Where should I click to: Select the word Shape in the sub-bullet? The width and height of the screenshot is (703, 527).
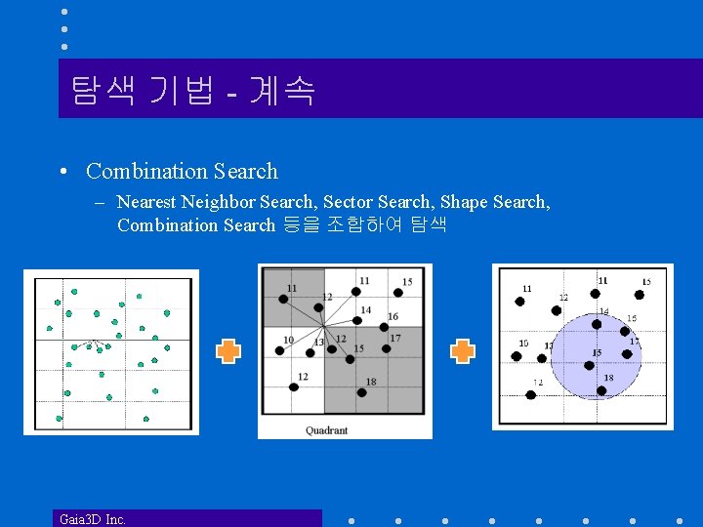pyautogui.click(x=464, y=202)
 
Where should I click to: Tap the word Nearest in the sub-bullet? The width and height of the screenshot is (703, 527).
pyautogui.click(x=145, y=202)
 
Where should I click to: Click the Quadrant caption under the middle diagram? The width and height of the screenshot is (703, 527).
pyautogui.click(x=327, y=429)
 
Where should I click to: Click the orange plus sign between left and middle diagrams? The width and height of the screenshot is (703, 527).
pyautogui.click(x=227, y=351)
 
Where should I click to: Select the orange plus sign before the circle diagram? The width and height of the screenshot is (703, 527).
pyautogui.click(x=462, y=351)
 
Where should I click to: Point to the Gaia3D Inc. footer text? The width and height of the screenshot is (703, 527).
pyautogui.click(x=93, y=519)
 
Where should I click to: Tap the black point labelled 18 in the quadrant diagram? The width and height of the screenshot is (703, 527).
pyautogui.click(x=361, y=392)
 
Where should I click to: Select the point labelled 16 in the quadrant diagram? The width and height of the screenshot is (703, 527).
pyautogui.click(x=383, y=326)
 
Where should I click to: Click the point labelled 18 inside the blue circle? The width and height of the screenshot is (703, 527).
pyautogui.click(x=601, y=390)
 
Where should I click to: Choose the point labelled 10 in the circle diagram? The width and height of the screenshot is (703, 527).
pyautogui.click(x=517, y=356)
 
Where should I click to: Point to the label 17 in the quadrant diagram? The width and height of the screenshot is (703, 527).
pyautogui.click(x=395, y=339)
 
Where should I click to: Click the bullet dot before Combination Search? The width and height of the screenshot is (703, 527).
pyautogui.click(x=62, y=173)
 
